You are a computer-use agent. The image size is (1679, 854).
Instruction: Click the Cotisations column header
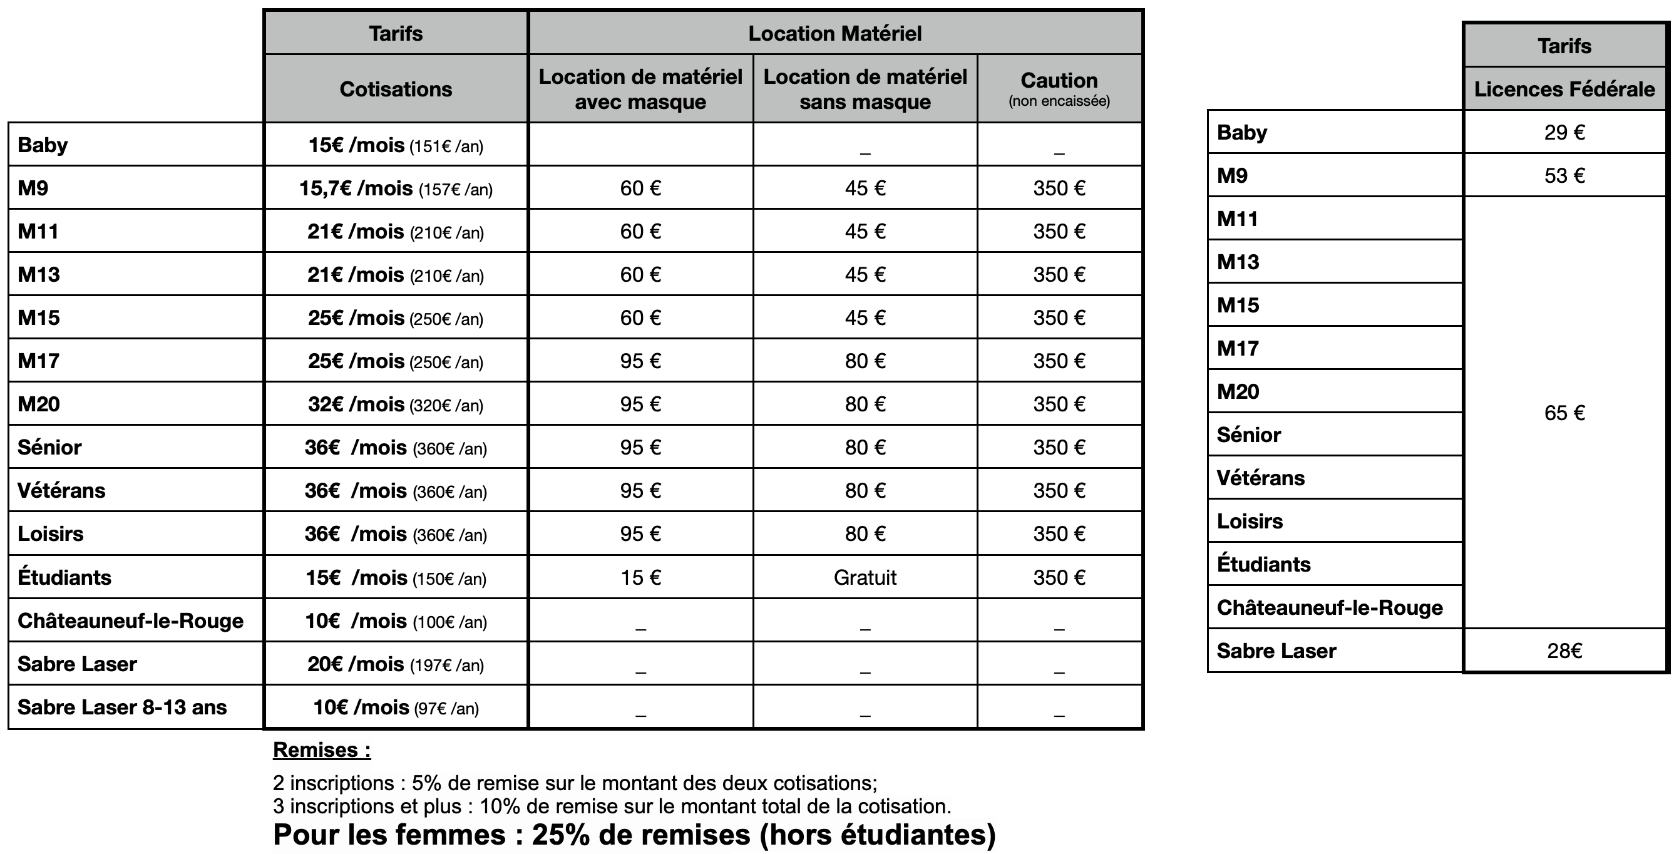click(x=396, y=89)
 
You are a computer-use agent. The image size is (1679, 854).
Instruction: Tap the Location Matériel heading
click(x=834, y=33)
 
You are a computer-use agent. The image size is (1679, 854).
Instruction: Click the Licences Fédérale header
click(x=1564, y=89)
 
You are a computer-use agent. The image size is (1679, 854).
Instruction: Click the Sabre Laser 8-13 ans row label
click(x=122, y=707)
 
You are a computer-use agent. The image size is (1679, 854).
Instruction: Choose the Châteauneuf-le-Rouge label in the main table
click(x=130, y=620)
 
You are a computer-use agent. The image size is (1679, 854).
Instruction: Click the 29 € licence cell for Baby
click(x=1564, y=132)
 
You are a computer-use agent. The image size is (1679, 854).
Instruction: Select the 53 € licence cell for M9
click(x=1564, y=175)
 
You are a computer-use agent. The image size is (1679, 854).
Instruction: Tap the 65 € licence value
click(x=1564, y=413)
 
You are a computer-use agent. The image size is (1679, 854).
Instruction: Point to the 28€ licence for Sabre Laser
click(x=1564, y=651)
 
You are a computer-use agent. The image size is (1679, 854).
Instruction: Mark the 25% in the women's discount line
click(x=560, y=835)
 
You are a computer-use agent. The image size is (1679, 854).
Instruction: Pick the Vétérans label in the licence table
click(x=1261, y=478)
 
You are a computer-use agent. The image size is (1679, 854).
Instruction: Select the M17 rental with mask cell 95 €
click(x=640, y=361)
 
